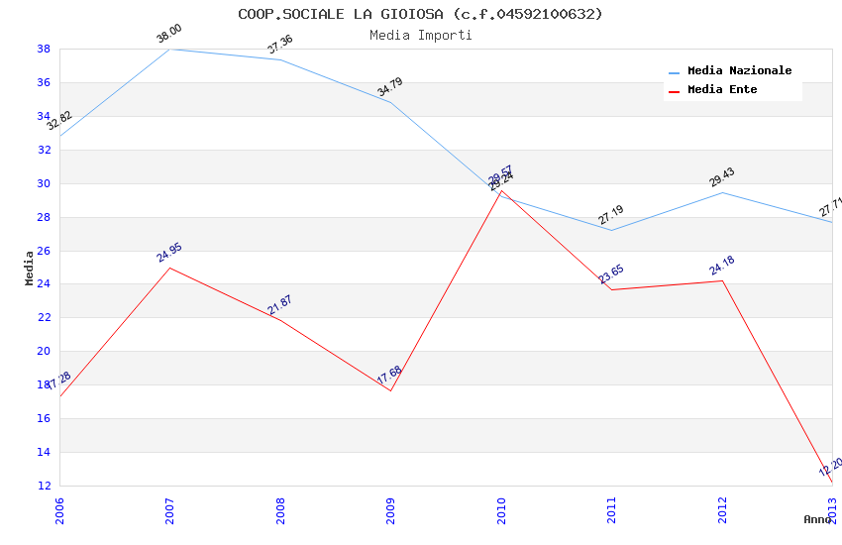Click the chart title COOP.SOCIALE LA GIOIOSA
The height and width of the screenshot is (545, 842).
[420, 14]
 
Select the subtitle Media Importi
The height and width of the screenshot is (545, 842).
[420, 35]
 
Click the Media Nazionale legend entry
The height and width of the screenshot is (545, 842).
[739, 71]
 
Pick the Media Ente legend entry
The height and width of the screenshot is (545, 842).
[722, 90]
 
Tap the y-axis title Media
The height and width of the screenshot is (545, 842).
[30, 268]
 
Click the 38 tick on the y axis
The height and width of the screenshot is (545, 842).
[45, 49]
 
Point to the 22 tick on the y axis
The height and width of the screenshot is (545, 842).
[45, 317]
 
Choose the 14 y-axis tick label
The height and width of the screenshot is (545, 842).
[45, 452]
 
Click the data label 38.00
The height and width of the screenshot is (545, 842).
[169, 36]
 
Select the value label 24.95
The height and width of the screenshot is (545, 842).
[169, 253]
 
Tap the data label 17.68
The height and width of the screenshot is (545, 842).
[389, 376]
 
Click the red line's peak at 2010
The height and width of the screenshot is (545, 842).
[501, 191]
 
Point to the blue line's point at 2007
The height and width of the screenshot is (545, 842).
[169, 49]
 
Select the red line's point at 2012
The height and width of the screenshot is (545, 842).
[722, 281]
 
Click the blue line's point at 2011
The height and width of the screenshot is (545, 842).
[611, 230]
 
